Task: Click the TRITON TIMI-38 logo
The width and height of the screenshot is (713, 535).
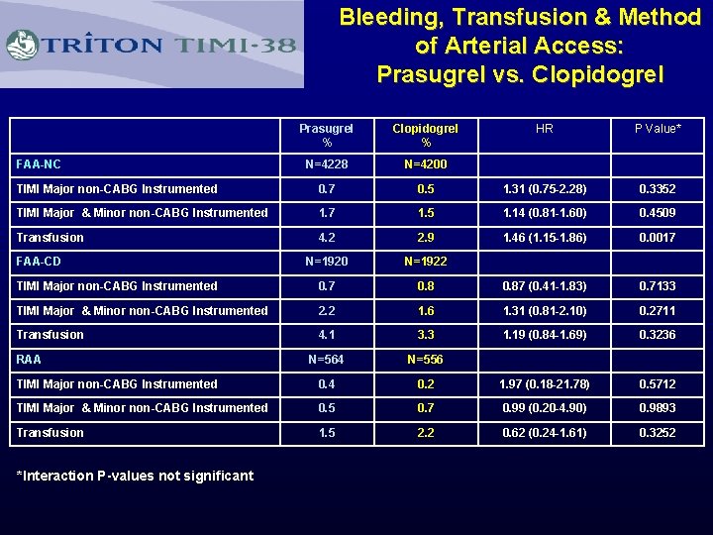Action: (x=153, y=45)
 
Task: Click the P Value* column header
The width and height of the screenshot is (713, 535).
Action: (x=658, y=129)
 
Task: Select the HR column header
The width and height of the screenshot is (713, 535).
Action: (x=545, y=129)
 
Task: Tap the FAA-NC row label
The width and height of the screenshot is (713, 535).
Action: (x=38, y=164)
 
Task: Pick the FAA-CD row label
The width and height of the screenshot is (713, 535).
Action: (x=38, y=262)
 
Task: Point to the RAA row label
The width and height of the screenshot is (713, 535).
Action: (x=29, y=360)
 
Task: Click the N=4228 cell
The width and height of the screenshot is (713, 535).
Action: (x=326, y=164)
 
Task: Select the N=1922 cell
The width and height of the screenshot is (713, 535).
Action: (x=425, y=262)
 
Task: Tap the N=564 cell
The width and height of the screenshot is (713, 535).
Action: (x=326, y=360)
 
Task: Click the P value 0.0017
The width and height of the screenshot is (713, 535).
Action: (x=658, y=238)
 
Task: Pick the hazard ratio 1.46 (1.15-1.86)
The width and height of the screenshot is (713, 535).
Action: (x=545, y=238)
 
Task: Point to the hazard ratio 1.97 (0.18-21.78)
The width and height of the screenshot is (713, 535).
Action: (x=545, y=384)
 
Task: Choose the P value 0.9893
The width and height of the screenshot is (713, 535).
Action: (x=658, y=408)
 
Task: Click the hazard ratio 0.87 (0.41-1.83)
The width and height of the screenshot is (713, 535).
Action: (x=545, y=286)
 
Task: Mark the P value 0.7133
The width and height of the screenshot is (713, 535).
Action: (x=658, y=286)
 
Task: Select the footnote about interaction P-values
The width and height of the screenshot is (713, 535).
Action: (x=136, y=476)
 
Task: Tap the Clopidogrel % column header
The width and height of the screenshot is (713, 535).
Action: (x=425, y=136)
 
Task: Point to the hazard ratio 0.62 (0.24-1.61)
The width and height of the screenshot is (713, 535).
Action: (x=545, y=433)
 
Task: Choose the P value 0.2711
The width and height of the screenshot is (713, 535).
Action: (x=658, y=311)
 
